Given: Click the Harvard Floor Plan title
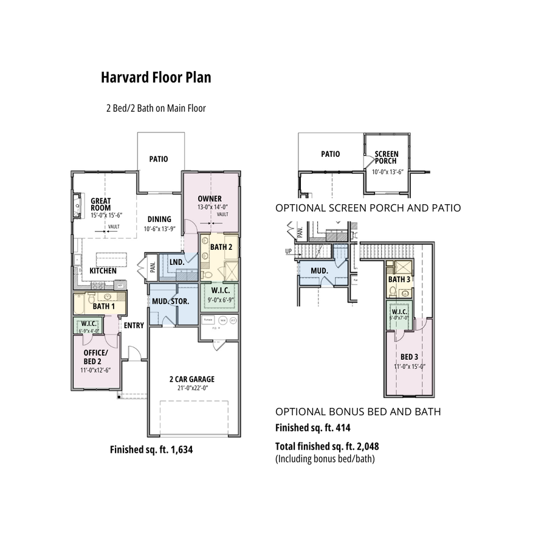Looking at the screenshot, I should tap(156, 78).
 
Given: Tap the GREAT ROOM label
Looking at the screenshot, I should tap(101, 205).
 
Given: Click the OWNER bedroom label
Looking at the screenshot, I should tap(210, 199).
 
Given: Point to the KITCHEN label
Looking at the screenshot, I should tap(103, 270).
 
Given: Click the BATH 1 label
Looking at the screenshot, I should tap(104, 306).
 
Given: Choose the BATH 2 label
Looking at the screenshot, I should tap(221, 247).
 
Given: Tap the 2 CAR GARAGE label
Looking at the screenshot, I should tap(191, 379).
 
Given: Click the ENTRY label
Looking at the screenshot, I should tap(134, 326).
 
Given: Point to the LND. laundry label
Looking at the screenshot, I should tap(177, 262).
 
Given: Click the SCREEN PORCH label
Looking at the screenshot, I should tap(386, 157).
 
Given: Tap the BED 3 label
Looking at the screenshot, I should tap(409, 357).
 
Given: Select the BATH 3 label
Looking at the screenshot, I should tap(399, 280).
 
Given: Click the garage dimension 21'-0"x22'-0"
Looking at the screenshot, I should tap(191, 389).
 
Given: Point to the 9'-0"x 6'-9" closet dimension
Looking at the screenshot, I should tap(219, 300).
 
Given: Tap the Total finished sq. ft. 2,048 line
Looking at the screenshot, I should tap(327, 446).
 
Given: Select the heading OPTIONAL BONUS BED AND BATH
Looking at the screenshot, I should tap(358, 412).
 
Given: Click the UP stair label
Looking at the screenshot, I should tap(288, 250).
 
